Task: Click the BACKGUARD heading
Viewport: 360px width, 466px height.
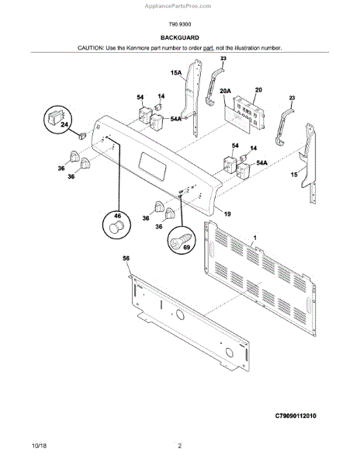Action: click(x=179, y=37)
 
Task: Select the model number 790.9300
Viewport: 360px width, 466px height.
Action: click(x=179, y=25)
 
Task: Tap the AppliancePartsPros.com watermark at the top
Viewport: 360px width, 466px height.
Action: click(x=179, y=5)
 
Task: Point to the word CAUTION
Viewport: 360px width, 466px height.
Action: click(x=92, y=48)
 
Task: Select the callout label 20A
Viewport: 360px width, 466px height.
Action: click(x=226, y=91)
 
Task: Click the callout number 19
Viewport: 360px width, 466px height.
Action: click(x=227, y=213)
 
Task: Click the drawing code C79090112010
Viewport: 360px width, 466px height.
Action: click(x=306, y=417)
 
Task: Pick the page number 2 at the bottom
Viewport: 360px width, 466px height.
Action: click(x=179, y=446)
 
